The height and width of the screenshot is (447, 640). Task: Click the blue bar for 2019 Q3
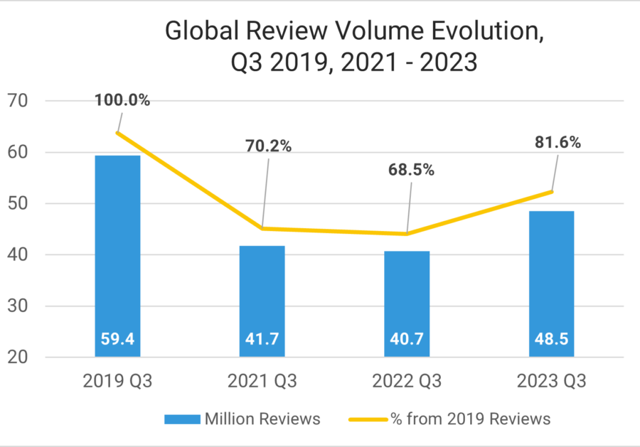coord(117,256)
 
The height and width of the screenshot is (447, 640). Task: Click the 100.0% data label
coord(122,100)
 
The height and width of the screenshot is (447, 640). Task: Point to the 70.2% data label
coord(268,146)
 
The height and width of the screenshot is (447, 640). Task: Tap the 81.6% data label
coord(557,142)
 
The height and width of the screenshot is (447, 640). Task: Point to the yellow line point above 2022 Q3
coord(407,234)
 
